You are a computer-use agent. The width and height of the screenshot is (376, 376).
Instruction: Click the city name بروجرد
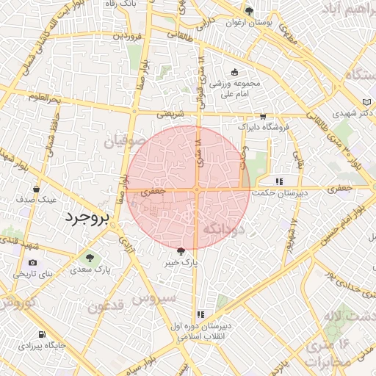(87, 219)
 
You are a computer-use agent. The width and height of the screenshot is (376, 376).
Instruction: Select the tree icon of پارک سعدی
(90, 258)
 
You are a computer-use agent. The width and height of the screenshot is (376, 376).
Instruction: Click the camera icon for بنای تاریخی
(32, 263)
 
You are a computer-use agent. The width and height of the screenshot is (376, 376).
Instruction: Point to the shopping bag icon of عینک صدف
(36, 188)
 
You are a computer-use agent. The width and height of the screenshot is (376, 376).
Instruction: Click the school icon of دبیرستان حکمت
(278, 181)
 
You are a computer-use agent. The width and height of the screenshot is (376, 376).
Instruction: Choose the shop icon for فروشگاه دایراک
(263, 117)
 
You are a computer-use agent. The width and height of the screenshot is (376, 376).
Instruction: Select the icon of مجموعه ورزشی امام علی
(235, 72)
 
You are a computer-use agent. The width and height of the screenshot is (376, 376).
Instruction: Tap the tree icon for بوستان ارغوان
(250, 11)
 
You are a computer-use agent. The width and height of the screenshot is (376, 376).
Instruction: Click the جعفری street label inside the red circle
(154, 190)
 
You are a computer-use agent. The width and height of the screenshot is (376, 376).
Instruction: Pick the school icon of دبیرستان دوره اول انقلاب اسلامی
(200, 315)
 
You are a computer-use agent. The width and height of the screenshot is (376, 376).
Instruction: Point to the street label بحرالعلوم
(46, 97)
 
